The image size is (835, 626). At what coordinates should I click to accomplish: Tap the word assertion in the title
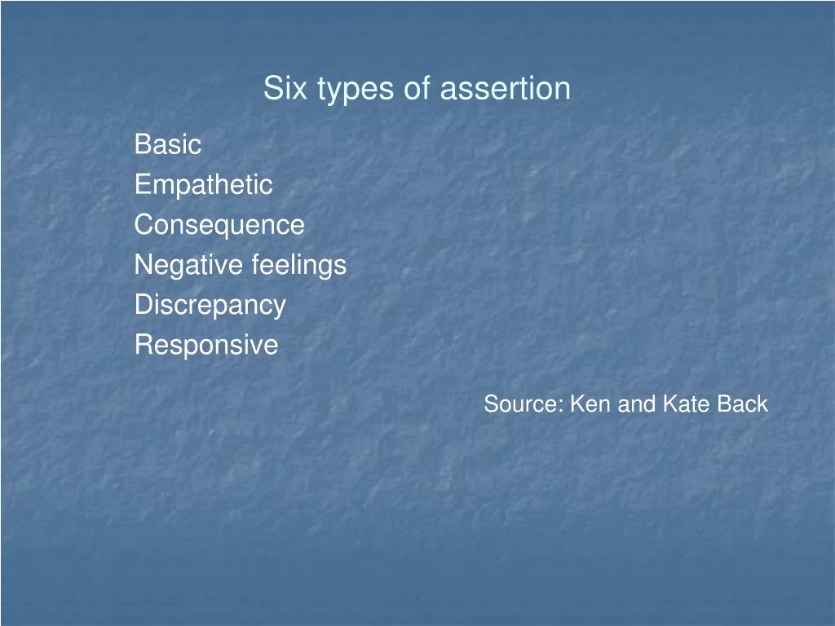[x=505, y=89]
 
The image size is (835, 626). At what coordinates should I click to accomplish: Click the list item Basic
[x=167, y=145]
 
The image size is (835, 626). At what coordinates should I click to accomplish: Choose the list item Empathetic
[x=203, y=185]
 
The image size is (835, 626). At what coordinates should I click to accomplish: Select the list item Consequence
[x=219, y=225]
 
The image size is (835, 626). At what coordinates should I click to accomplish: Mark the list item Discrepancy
[x=210, y=306]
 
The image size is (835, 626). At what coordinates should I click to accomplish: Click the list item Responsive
[x=205, y=346]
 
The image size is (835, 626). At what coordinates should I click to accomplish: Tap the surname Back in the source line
[x=742, y=404]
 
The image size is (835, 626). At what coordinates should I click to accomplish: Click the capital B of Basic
[x=142, y=145]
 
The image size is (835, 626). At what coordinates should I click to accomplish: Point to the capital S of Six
[x=272, y=89]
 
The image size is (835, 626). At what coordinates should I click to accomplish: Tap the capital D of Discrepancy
[x=143, y=305]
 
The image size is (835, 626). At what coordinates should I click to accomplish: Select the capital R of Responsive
[x=143, y=345]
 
